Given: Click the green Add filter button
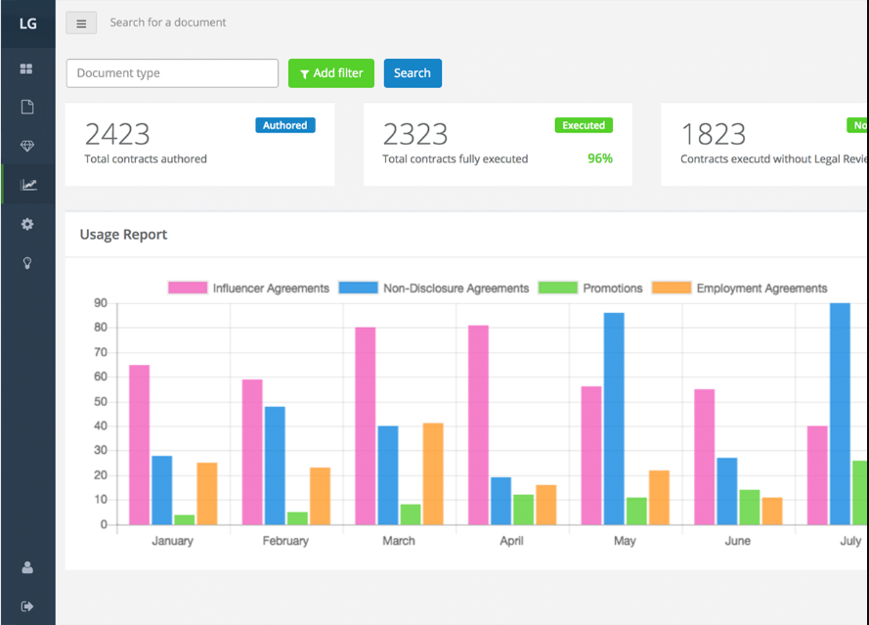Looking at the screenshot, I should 330,73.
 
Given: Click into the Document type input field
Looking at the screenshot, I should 172,73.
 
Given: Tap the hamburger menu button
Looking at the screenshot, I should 81,23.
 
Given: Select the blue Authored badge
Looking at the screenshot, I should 285,125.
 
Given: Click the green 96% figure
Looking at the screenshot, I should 599,158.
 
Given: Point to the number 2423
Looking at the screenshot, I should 117,134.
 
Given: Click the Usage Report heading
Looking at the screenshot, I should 123,235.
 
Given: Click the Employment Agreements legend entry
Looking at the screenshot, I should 740,288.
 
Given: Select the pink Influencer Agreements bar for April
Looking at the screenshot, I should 478,424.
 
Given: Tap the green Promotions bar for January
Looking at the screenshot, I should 184,519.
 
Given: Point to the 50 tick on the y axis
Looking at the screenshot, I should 101,401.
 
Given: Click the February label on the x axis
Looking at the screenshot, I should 285,541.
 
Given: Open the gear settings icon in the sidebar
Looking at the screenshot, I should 27,224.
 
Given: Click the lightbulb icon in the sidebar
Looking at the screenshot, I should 27,263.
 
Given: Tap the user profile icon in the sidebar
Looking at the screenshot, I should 27,567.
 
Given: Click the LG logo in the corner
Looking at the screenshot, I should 28,23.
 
